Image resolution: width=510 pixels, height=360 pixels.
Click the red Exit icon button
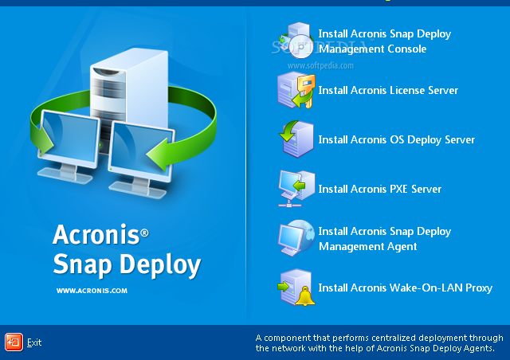[14, 342]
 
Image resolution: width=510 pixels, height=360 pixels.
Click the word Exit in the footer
[34, 342]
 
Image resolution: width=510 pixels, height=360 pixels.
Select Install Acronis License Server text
[388, 90]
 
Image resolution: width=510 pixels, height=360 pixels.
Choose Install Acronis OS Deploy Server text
[397, 139]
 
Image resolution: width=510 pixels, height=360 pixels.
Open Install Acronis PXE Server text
[379, 189]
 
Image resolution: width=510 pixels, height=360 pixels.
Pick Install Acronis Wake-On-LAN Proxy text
[406, 288]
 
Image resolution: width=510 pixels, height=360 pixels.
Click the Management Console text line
[372, 49]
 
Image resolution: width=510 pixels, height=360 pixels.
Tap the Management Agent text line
[368, 246]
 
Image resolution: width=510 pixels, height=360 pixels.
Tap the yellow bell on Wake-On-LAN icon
[305, 296]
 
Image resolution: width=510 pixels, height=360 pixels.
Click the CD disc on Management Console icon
[301, 46]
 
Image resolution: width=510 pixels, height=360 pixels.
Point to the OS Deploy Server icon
[296, 139]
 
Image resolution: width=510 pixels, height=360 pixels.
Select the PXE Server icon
[296, 189]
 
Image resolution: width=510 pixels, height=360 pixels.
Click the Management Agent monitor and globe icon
[296, 238]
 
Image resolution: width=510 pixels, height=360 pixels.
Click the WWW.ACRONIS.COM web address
[92, 291]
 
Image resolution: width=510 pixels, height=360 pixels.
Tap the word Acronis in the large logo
[96, 234]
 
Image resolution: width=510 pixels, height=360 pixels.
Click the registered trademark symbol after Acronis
[145, 233]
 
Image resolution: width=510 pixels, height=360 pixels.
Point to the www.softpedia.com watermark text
[320, 65]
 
